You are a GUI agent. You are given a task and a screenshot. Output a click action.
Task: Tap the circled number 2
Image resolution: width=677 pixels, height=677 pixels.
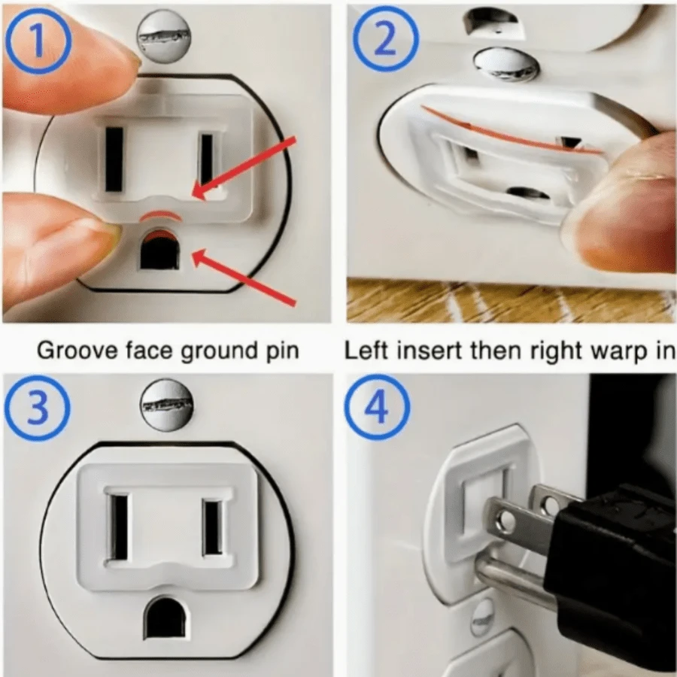click(384, 40)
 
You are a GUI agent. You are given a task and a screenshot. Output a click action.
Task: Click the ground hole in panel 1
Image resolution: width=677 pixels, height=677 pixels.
click(159, 253)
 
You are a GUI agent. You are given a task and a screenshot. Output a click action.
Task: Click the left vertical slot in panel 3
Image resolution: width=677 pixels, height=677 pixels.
click(119, 527)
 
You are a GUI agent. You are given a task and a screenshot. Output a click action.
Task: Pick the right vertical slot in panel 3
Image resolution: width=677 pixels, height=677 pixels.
click(213, 527)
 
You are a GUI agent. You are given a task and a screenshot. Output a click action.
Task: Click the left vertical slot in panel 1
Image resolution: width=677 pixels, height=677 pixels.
click(114, 159)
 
